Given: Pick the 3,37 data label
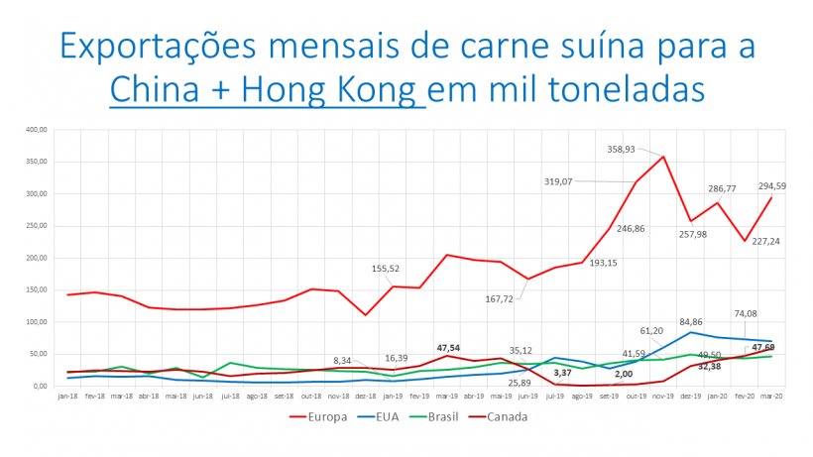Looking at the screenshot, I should [x=561, y=372].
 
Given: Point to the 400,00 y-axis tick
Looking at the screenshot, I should [x=37, y=129].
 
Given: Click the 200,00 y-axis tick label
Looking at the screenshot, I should [x=37, y=258].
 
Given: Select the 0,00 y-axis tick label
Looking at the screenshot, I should [x=40, y=386].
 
